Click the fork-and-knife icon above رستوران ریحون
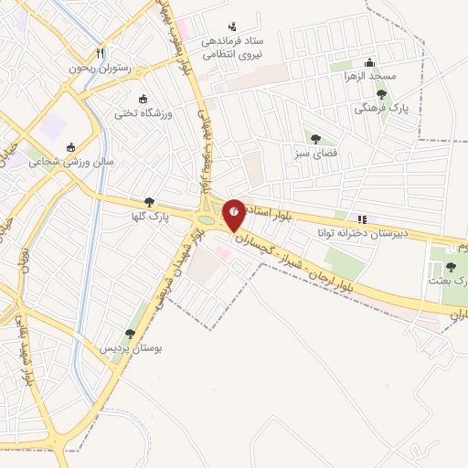click(101, 53)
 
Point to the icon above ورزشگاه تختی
click(143, 99)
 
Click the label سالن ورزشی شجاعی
click(65, 162)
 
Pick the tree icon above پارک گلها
click(149, 203)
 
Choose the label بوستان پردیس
click(129, 349)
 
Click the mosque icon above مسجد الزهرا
click(368, 62)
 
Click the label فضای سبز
click(314, 154)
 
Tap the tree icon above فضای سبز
click(315, 139)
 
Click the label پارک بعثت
click(447, 280)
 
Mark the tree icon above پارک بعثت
click(451, 266)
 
